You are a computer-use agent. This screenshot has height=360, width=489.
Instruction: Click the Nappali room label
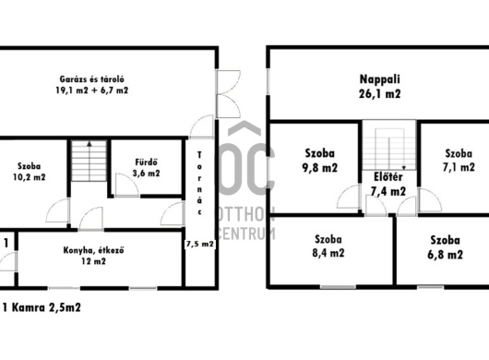[379, 79]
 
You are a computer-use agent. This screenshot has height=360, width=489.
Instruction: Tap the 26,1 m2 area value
[379, 94]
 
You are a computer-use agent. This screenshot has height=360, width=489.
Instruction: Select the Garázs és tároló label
[92, 79]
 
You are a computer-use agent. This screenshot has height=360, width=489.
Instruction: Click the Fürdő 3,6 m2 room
[147, 167]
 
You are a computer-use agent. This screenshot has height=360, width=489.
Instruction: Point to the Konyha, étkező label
[93, 250]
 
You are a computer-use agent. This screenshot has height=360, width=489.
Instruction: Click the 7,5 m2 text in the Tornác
[200, 244]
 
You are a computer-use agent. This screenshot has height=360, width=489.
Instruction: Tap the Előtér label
[388, 177]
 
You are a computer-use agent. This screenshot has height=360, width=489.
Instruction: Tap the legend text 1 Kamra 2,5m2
[42, 308]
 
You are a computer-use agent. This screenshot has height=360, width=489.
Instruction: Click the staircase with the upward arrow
[89, 161]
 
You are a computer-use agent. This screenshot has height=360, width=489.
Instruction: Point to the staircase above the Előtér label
[388, 145]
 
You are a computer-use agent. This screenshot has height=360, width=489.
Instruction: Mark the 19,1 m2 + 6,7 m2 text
[92, 90]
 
